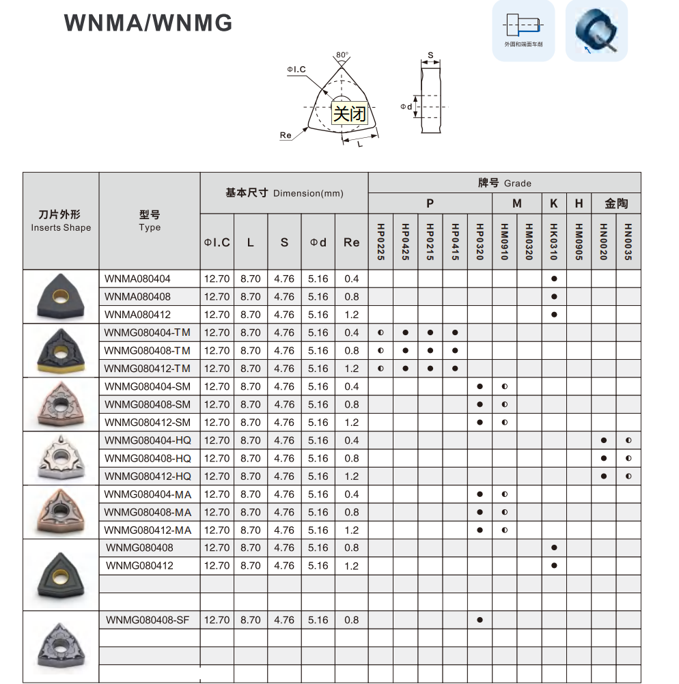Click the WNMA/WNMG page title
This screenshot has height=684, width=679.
tap(148, 23)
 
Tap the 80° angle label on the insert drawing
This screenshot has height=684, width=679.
tap(342, 55)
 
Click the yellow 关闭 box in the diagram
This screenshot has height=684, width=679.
tap(349, 113)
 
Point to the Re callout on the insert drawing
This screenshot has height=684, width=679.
tap(286, 135)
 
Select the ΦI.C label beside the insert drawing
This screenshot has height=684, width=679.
tap(296, 70)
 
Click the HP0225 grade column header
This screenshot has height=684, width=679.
tap(380, 242)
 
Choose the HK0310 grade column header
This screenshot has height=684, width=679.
tap(554, 242)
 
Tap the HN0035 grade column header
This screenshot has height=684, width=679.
tap(628, 242)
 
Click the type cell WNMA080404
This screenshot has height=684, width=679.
tap(138, 279)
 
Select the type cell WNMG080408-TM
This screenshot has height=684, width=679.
tap(148, 350)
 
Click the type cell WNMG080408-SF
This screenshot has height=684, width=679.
tap(148, 620)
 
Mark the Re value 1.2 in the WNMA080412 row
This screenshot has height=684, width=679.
tap(352, 315)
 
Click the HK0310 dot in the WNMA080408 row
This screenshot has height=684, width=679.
tap(554, 297)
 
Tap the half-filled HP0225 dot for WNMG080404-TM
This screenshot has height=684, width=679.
tap(380, 332)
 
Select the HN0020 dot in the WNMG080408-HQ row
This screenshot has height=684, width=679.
tap(604, 458)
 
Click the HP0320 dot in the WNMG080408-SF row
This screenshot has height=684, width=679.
tap(480, 620)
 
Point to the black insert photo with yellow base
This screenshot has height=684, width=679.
tap(61, 351)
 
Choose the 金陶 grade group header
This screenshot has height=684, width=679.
tap(616, 203)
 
